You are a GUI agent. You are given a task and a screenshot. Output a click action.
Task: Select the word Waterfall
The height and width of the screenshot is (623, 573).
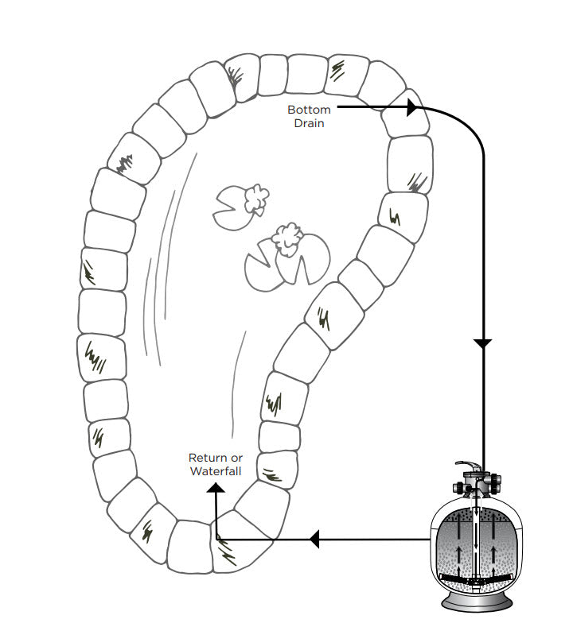pyautogui.click(x=215, y=471)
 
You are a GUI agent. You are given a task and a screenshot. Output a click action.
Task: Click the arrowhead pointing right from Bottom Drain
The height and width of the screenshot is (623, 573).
pyautogui.click(x=411, y=106)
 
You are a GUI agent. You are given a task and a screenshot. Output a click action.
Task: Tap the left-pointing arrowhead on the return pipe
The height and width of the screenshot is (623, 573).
pyautogui.click(x=314, y=540)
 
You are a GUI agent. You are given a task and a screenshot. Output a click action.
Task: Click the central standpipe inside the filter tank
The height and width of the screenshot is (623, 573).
pyautogui.click(x=476, y=540)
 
